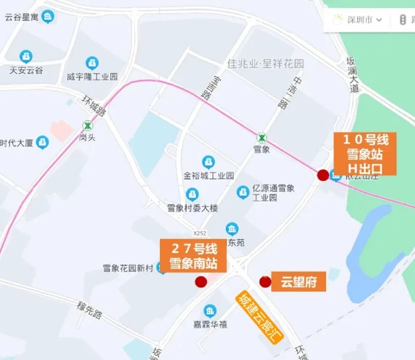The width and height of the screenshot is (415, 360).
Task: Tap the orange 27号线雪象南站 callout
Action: [193, 256]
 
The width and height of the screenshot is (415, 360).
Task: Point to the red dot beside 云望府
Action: [265, 282]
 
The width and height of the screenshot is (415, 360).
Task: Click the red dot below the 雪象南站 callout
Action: [201, 282]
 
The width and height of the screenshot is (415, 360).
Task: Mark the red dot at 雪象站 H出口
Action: [323, 175]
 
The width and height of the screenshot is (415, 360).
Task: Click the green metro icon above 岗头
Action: [86, 124]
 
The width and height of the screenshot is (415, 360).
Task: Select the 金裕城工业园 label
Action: [208, 176]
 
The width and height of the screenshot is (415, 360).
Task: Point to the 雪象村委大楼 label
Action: [192, 208]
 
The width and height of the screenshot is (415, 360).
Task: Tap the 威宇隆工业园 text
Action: [92, 77]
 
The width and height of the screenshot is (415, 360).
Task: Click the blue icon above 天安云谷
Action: [26, 57]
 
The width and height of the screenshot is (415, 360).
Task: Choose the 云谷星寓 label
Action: [22, 16]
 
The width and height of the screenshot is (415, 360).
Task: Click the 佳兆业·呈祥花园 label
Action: [266, 64]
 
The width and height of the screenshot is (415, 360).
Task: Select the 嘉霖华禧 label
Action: [210, 324]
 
